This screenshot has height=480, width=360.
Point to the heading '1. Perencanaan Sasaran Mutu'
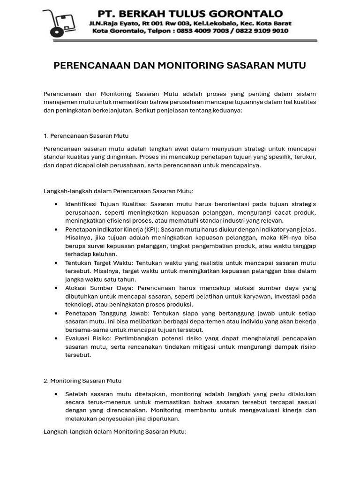click(x=86, y=136)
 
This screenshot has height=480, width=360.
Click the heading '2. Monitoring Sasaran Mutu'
click(x=82, y=381)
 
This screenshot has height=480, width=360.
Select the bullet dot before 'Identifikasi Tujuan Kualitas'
click(x=56, y=204)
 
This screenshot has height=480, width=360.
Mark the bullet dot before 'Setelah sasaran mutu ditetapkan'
click(x=56, y=394)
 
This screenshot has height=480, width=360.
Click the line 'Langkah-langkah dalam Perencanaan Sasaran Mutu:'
click(x=119, y=191)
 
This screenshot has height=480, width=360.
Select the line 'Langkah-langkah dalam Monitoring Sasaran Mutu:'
click(x=115, y=432)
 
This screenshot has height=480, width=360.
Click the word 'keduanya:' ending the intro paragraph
click(x=227, y=111)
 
